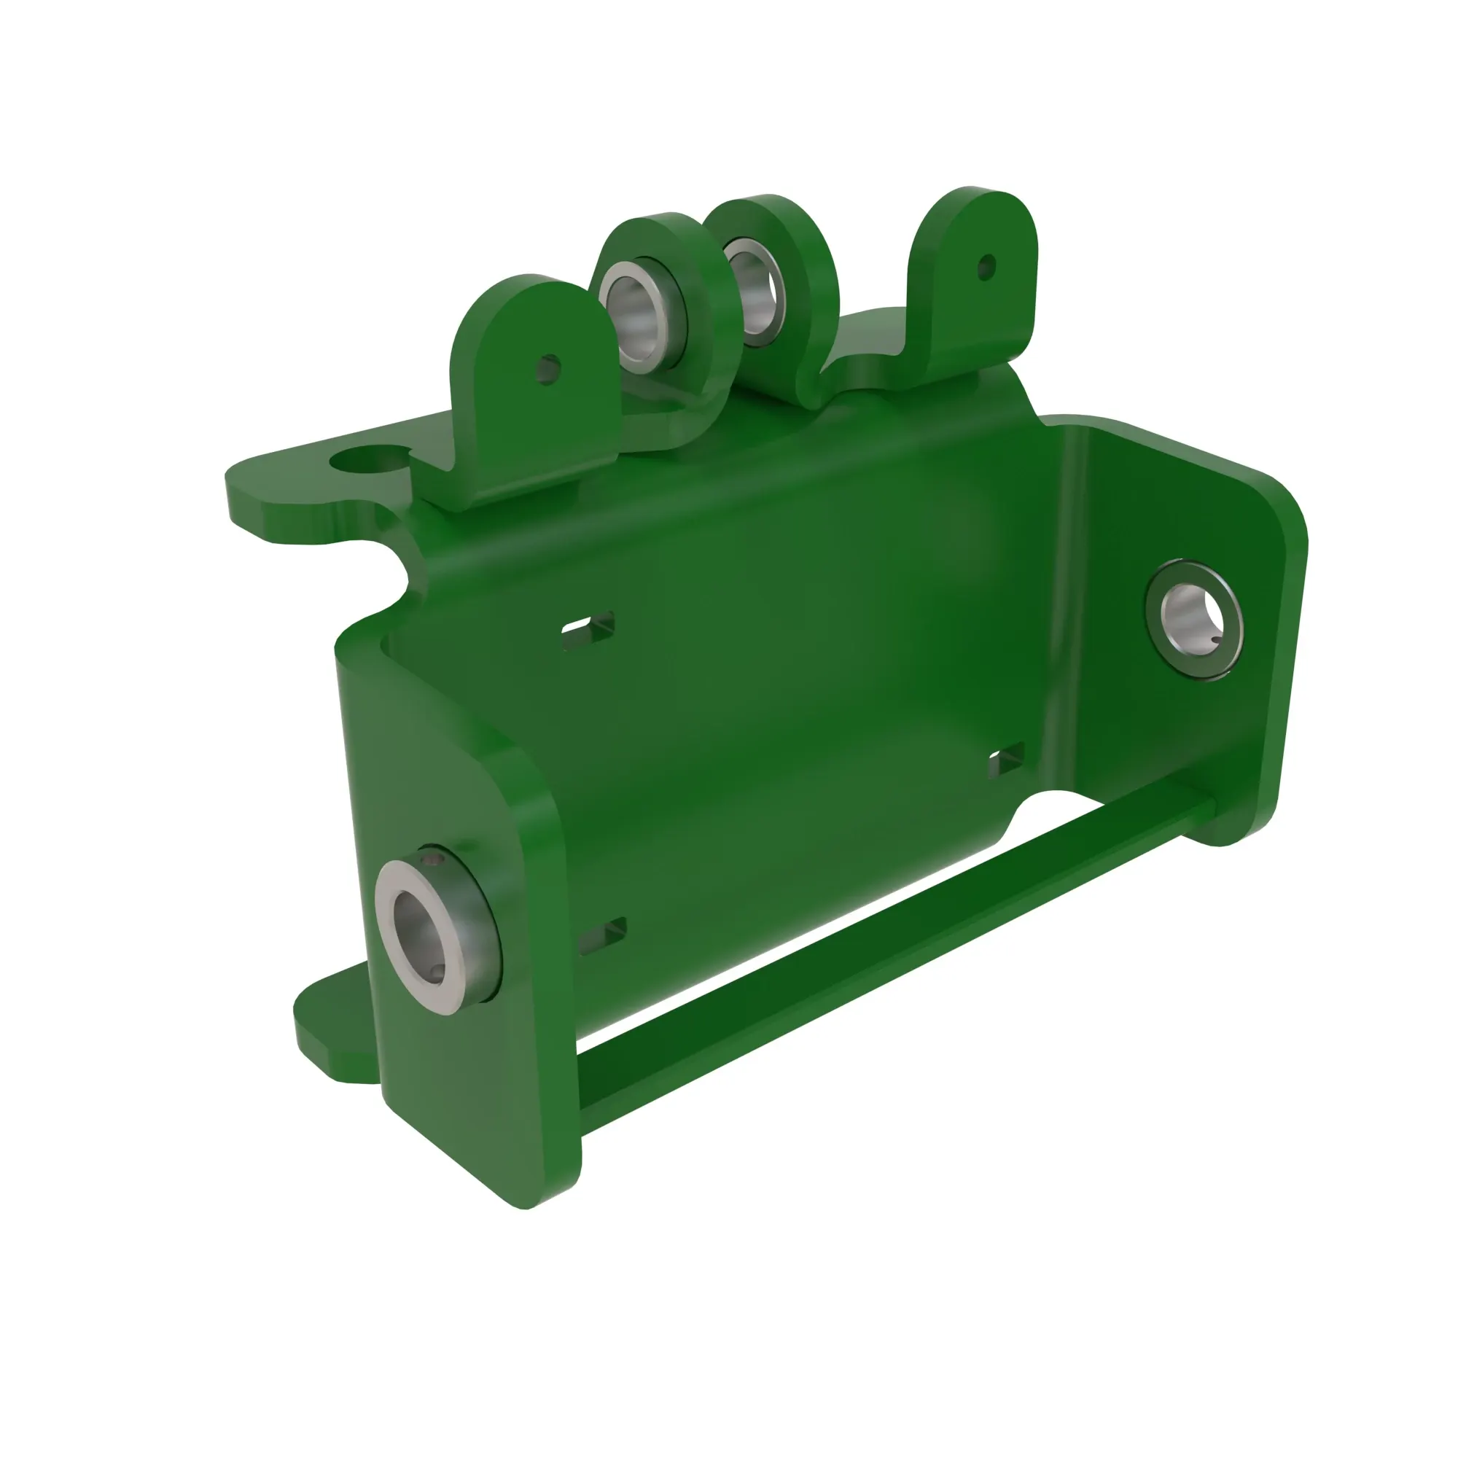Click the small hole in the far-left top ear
(x=549, y=369)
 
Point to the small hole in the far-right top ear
(x=986, y=265)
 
